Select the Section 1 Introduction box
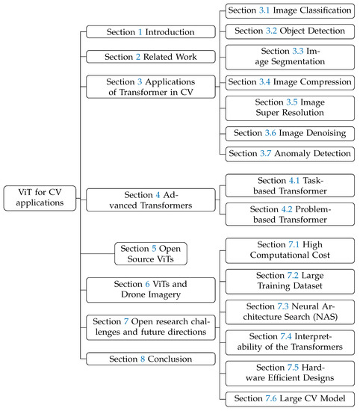point(139,32)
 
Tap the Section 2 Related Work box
point(139,57)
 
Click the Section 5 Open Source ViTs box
point(150,253)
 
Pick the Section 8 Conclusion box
point(139,359)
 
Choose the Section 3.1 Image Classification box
point(289,11)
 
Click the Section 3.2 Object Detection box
point(289,31)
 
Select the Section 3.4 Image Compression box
point(289,81)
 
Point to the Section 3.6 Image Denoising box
point(289,132)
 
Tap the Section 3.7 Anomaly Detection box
point(289,153)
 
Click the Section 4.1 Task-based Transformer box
point(289,185)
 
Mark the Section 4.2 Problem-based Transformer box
point(289,214)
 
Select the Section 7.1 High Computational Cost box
point(289,250)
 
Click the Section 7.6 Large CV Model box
point(289,398)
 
